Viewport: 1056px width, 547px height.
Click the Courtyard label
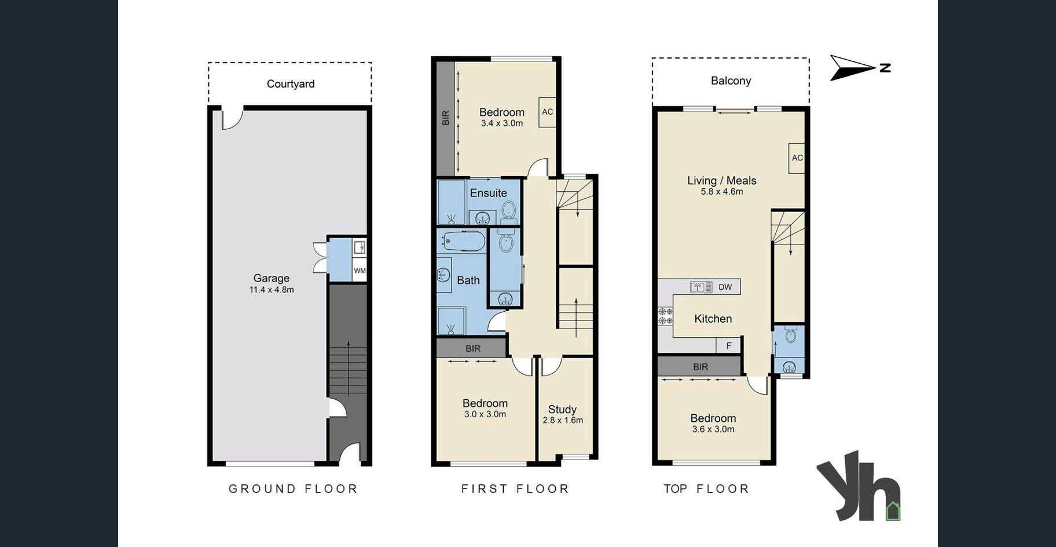[291, 84]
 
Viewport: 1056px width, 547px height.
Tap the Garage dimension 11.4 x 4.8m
[272, 290]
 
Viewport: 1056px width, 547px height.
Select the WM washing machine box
[360, 271]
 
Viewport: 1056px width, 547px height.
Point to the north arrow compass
[860, 68]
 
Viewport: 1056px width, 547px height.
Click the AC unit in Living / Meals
[797, 158]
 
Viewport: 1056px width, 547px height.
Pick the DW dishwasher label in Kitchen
[725, 287]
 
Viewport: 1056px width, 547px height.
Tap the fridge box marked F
[729, 345]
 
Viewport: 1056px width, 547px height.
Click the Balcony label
[731, 81]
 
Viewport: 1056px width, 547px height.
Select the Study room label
[562, 409]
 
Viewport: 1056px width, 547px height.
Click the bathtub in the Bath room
[464, 242]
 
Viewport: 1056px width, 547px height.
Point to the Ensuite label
[488, 193]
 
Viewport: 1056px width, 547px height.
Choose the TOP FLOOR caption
[706, 488]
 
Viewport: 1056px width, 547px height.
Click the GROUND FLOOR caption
[293, 488]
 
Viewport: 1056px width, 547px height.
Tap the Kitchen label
[713, 319]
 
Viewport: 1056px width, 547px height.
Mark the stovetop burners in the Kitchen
[665, 316]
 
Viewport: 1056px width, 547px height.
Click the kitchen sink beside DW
[701, 287]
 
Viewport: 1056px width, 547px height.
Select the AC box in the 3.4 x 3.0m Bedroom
[547, 112]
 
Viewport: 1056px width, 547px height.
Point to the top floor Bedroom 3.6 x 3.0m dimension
[713, 429]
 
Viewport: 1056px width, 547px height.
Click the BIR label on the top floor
[701, 367]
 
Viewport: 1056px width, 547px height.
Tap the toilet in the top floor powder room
[791, 335]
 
